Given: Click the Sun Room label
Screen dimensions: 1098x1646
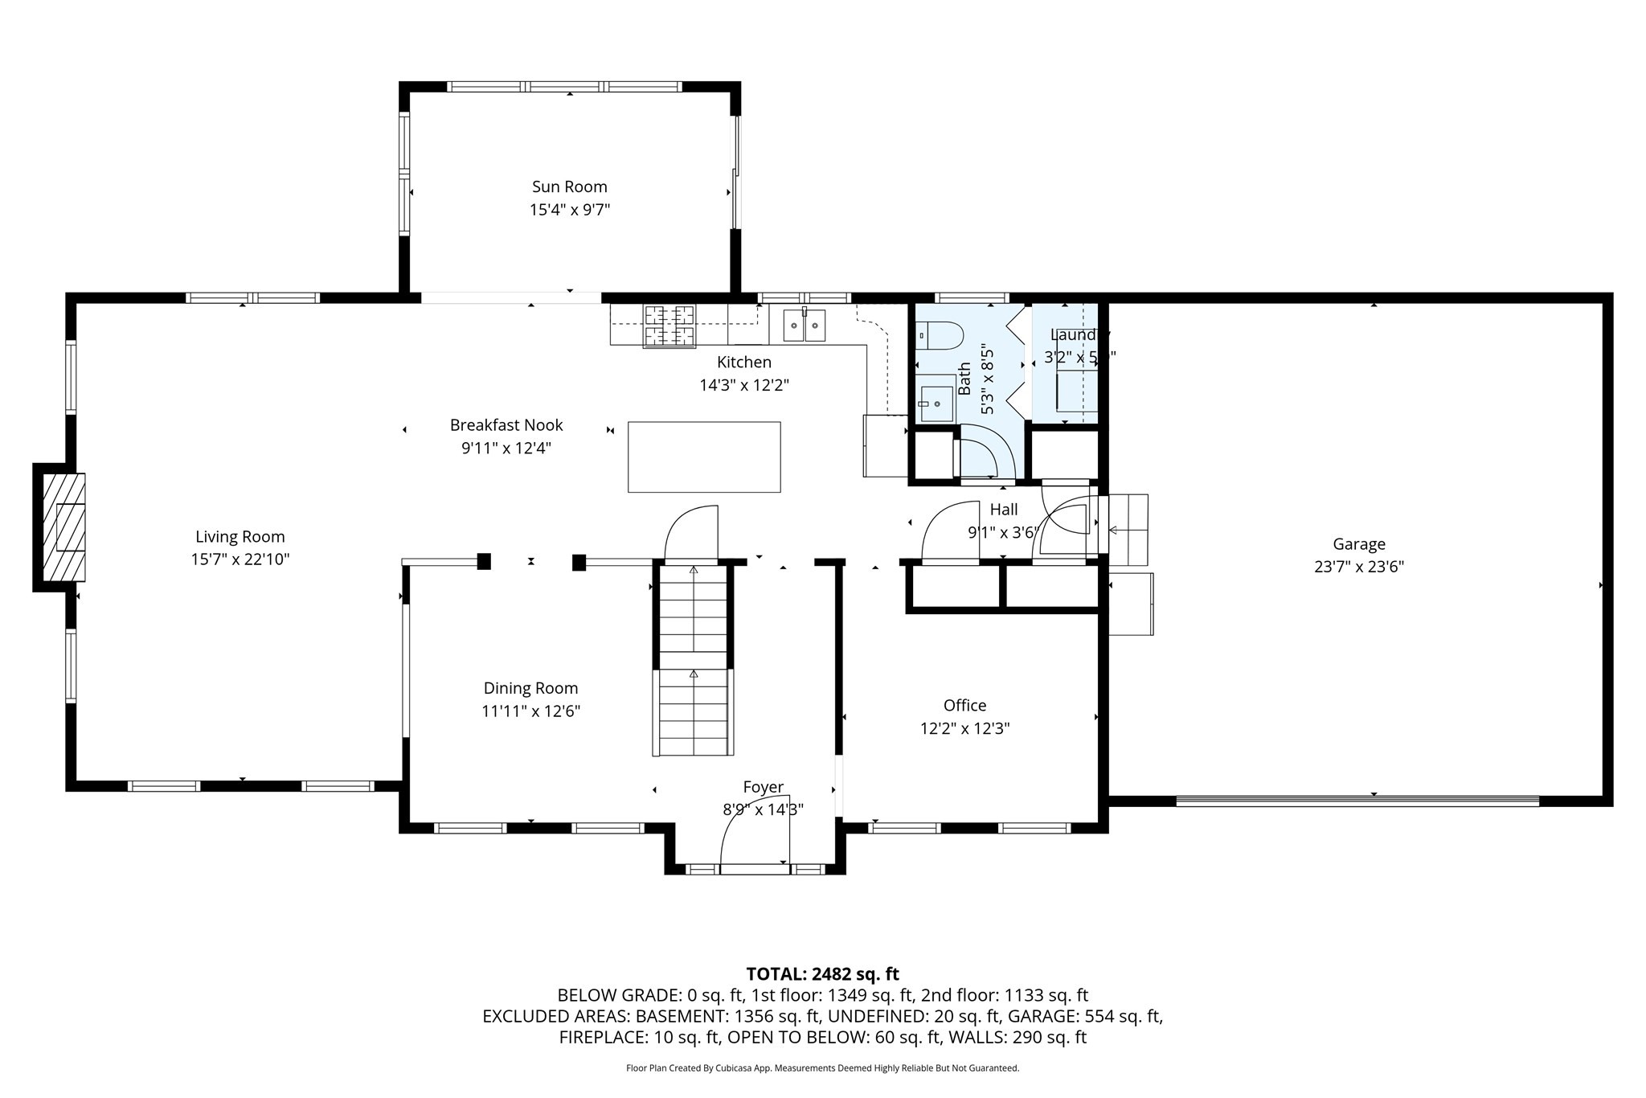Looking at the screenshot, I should point(569,186).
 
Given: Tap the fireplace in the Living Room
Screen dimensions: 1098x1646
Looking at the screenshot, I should point(63,526).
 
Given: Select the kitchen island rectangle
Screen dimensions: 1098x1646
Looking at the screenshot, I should point(703,457).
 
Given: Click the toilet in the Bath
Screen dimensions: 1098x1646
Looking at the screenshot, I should point(940,334).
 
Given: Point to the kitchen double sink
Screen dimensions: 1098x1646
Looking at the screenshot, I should point(805,325).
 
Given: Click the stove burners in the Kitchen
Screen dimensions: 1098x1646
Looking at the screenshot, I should point(669,326).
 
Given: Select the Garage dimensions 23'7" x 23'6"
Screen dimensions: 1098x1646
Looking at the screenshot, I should point(1358,567).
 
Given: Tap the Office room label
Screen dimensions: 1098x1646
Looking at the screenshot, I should point(964,705).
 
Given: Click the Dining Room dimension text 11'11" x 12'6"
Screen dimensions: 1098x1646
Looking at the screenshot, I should point(530,711).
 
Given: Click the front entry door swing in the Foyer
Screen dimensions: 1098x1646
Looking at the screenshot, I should point(755,836).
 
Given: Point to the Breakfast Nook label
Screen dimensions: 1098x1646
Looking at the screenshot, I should point(506,425).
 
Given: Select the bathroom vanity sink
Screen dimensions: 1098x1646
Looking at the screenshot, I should point(936,399).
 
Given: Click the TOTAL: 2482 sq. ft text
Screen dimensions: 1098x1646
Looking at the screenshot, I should point(822,974).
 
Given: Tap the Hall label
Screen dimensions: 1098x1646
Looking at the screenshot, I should point(1003,509).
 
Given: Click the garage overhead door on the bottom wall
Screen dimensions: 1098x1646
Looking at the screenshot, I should point(1357,801).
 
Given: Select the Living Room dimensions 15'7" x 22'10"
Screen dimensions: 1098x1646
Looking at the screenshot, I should point(240,559).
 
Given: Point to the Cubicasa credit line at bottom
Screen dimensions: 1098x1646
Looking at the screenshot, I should point(822,1068).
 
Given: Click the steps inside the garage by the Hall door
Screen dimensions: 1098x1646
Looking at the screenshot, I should point(1128,529).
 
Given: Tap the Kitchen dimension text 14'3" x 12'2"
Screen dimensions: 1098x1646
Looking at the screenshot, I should point(744,385).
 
